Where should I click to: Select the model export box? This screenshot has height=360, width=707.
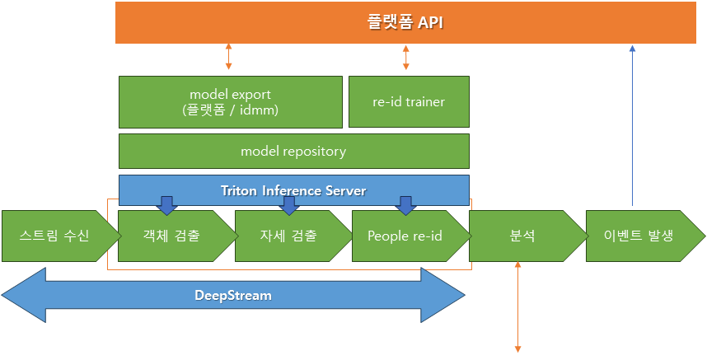pos(231,102)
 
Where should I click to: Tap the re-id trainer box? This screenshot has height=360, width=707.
pos(409,102)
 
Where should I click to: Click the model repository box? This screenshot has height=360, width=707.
pos(293,151)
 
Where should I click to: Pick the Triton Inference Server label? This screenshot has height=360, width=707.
pos(293,190)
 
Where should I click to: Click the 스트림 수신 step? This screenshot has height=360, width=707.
pos(61,236)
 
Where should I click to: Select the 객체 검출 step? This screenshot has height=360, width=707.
pos(178,236)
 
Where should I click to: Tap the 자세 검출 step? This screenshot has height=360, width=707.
pos(293,236)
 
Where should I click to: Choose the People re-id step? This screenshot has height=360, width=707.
pos(411,236)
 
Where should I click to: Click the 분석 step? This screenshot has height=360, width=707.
pos(528,236)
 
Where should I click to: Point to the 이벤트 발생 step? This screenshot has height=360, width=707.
pos(645,236)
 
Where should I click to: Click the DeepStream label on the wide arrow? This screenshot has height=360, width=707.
pos(233,296)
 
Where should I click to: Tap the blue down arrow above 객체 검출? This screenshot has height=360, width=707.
pos(166,206)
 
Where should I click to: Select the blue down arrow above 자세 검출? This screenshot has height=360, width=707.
pos(289,206)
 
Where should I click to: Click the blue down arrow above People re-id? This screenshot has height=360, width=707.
pos(406,206)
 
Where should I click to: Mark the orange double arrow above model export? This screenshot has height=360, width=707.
pos(228,57)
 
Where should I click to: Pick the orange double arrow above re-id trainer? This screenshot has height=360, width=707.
pos(405,57)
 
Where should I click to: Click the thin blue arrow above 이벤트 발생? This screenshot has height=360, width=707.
pos(632,125)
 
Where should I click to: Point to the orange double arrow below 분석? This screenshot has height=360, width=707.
pos(517,306)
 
